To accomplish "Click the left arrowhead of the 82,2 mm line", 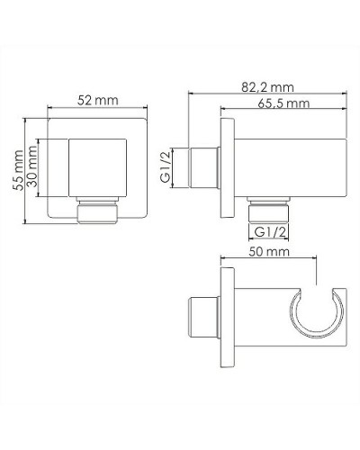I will (189, 94).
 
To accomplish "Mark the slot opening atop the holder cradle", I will (317, 293).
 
